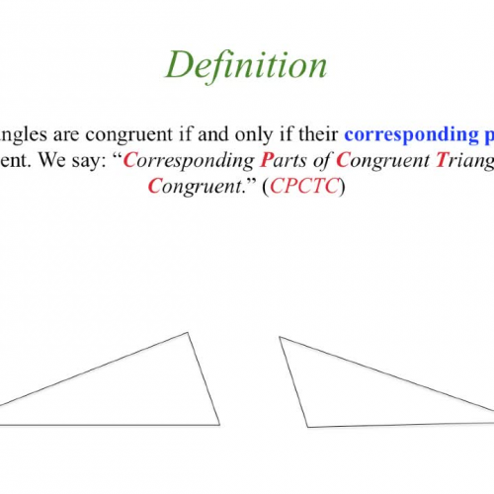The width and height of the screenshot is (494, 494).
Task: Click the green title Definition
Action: (x=245, y=65)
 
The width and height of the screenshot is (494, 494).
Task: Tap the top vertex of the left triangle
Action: (x=188, y=333)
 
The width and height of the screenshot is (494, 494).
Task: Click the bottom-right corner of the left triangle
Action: (x=219, y=425)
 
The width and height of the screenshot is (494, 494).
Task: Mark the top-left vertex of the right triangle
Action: (x=280, y=337)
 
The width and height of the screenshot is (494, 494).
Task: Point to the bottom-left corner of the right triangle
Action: (x=308, y=427)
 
